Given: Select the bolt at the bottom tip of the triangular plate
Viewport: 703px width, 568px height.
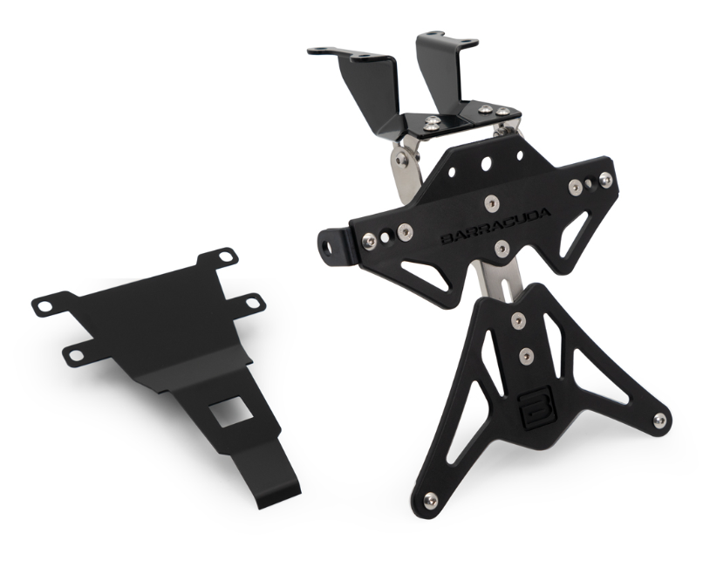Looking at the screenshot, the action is click(431, 500).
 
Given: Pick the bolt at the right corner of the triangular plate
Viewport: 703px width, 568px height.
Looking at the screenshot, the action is click(659, 420).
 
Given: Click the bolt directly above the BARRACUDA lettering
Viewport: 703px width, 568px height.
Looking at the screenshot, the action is click(492, 203).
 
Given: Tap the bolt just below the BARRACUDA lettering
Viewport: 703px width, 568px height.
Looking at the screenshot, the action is click(502, 248).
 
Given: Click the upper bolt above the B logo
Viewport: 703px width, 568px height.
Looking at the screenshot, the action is click(519, 320).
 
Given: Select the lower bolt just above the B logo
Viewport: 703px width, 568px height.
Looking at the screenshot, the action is click(526, 356).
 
